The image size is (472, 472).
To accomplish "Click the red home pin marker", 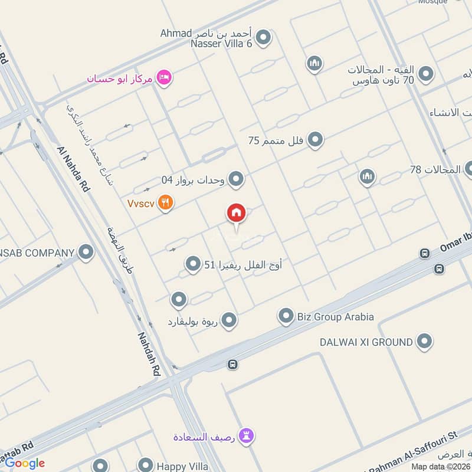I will pos(237,214).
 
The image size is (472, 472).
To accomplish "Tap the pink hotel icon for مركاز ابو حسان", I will pos(165,77).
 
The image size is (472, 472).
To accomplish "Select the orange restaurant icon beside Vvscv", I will pos(166,203).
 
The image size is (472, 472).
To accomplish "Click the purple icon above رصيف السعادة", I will pos(247,436).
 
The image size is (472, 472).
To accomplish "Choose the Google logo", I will pos(24,463).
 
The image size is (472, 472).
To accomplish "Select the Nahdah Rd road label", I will pos(149,353).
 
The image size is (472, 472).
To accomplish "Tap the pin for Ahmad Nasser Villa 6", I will pos(264,38).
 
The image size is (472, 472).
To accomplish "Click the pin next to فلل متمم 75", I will pos(316,140).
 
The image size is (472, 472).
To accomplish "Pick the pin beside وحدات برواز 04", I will pos(237,179).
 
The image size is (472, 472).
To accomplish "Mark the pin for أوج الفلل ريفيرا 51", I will pos(193,264).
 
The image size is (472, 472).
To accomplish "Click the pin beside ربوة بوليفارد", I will pos(229,321).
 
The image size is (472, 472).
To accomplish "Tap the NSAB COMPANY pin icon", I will pos(87,253).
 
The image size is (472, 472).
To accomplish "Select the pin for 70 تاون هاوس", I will pos(425,74).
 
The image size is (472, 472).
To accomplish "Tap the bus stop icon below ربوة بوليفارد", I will pos(233,365).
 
